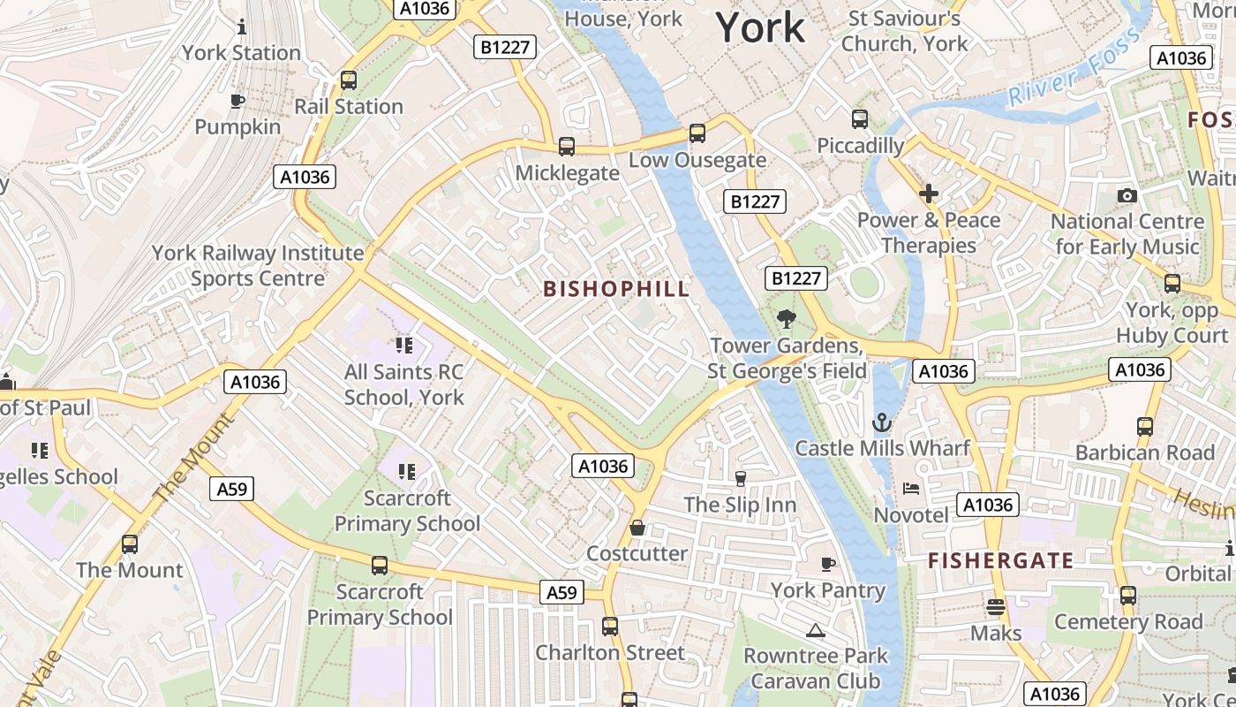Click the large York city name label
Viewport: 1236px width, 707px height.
point(760,27)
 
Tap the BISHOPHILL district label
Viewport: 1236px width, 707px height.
point(616,289)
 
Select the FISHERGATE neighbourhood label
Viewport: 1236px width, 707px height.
point(1000,560)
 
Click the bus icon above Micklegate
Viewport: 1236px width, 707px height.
point(567,147)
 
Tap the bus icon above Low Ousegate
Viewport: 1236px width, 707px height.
point(697,133)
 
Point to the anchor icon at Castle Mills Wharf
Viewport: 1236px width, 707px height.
point(881,422)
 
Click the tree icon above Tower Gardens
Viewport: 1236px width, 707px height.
point(786,319)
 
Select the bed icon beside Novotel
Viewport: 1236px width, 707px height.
point(911,489)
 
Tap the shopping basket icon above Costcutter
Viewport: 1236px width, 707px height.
point(637,528)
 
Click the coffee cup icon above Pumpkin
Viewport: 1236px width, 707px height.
point(237,101)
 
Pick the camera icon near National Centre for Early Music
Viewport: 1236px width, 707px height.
point(1127,195)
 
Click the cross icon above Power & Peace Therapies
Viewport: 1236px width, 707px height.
point(928,193)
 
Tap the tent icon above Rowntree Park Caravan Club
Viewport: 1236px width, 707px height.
point(815,630)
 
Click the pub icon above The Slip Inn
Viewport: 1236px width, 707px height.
point(740,479)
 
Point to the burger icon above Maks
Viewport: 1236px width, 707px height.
point(995,607)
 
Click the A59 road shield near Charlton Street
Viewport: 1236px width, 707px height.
point(561,592)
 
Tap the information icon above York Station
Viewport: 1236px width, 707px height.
point(241,27)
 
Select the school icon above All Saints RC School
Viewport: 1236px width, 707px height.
point(404,345)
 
